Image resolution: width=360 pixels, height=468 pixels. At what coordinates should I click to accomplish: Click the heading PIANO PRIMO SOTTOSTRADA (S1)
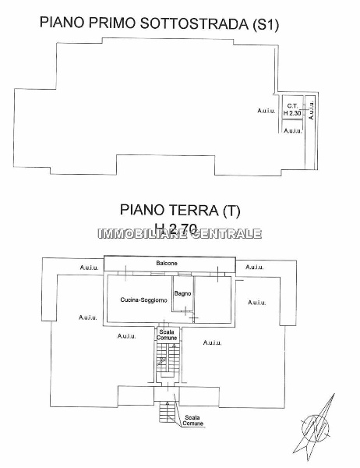pyautogui.click(x=159, y=24)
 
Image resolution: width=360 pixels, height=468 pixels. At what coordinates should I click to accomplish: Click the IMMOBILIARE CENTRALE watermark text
pyautogui.click(x=179, y=233)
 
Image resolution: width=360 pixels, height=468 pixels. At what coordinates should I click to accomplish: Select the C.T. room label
pyautogui.click(x=292, y=106)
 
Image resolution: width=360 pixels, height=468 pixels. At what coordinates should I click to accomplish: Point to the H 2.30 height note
pyautogui.click(x=292, y=113)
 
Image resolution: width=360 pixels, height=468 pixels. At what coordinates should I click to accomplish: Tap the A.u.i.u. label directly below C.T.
pyautogui.click(x=292, y=130)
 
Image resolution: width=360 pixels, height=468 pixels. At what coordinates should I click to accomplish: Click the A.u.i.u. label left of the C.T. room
pyautogui.click(x=266, y=111)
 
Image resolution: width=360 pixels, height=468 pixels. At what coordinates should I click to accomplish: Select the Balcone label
pyautogui.click(x=166, y=264)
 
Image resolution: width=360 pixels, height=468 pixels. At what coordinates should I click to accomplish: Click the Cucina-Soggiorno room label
pyautogui.click(x=142, y=300)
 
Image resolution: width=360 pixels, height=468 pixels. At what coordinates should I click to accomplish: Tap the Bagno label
pyautogui.click(x=183, y=293)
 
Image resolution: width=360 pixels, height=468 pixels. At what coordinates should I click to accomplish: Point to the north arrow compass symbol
pyautogui.click(x=319, y=424)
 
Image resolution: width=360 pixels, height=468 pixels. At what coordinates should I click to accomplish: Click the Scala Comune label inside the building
pyautogui.click(x=166, y=334)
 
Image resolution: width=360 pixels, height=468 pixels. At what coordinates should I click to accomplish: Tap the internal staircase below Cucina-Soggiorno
pyautogui.click(x=163, y=360)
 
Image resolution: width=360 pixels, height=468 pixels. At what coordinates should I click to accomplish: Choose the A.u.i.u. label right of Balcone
pyautogui.click(x=255, y=268)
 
